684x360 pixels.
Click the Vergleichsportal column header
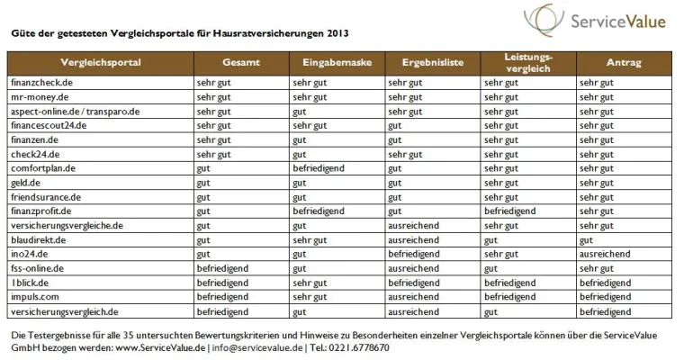pyautogui.click(x=100, y=62)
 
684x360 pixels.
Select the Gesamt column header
pyautogui.click(x=240, y=62)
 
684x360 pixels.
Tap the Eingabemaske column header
pyautogui.click(x=336, y=62)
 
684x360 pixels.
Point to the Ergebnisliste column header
pyautogui.click(x=432, y=62)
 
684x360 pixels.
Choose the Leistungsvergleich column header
pyautogui.click(x=528, y=62)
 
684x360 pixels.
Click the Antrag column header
pyautogui.click(x=624, y=62)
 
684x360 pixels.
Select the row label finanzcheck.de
pyautogui.click(x=43, y=83)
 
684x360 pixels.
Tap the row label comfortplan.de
pyautogui.click(x=42, y=168)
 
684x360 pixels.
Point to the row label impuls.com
pyautogui.click(x=35, y=297)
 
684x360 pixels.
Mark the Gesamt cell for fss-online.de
pyautogui.click(x=221, y=268)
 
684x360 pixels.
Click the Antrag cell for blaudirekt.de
pyautogui.click(x=586, y=240)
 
